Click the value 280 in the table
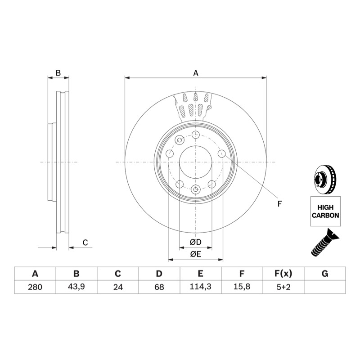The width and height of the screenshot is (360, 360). click(35, 287)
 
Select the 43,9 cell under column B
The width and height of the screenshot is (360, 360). click(76, 287)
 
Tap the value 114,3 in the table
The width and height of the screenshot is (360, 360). click(200, 287)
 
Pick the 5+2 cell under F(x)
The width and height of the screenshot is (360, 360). click(283, 287)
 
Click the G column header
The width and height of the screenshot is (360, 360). click(325, 274)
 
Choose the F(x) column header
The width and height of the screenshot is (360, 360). click(283, 274)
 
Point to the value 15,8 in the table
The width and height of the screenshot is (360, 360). click(242, 287)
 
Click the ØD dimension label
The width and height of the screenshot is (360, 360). click(195, 242)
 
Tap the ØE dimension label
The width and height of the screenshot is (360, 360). click(195, 254)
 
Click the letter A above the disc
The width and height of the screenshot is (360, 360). click(196, 73)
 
